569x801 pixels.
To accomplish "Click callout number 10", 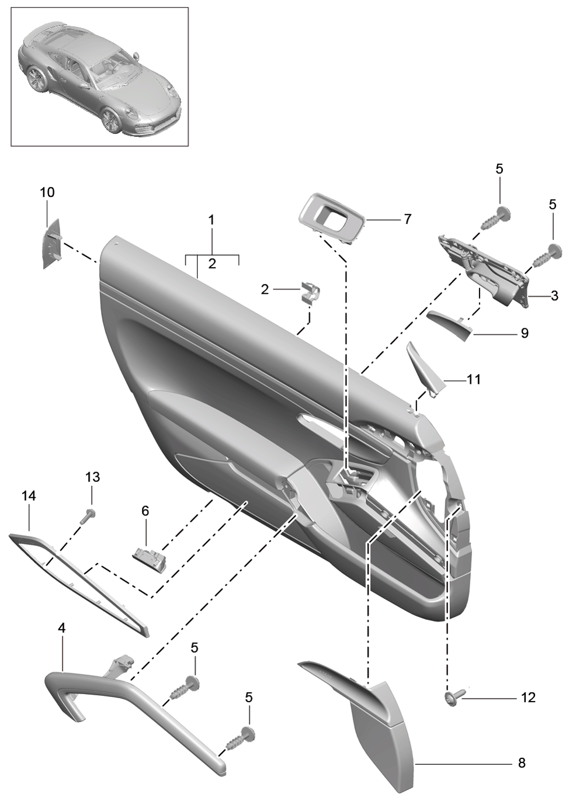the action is pyautogui.click(x=47, y=192).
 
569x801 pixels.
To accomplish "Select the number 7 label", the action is pyautogui.click(x=408, y=219).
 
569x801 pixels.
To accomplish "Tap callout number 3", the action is pyautogui.click(x=554, y=296).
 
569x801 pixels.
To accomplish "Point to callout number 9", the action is pyautogui.click(x=524, y=333).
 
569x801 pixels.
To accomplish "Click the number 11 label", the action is pyautogui.click(x=474, y=379).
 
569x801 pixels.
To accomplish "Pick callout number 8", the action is pyautogui.click(x=522, y=762).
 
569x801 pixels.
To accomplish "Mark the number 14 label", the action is pyautogui.click(x=29, y=496).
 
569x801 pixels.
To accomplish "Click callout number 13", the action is pyautogui.click(x=92, y=477).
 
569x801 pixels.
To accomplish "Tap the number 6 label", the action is pyautogui.click(x=145, y=511).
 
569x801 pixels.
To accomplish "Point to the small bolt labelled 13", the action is pyautogui.click(x=86, y=516).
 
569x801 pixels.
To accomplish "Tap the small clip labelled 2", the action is pyautogui.click(x=310, y=292).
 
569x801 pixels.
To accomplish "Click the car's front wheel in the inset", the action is pyautogui.click(x=111, y=121).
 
